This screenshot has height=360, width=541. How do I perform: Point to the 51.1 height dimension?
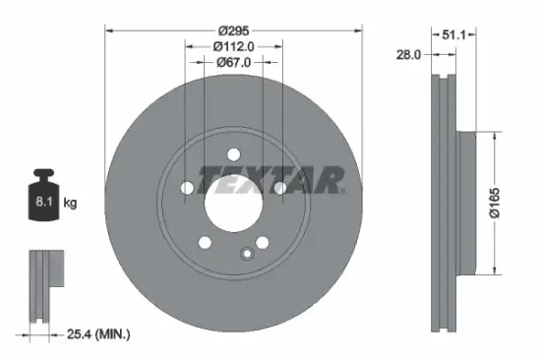tap(453, 33)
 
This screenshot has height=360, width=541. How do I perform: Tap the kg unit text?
tap(70, 204)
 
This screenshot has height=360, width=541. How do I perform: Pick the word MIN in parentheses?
tap(112, 334)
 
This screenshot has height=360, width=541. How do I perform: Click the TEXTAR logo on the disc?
tap(271, 180)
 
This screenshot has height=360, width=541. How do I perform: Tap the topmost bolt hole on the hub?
tap(233, 152)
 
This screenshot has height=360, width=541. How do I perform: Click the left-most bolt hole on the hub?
tap(187, 187)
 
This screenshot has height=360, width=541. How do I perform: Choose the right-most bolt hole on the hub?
tap(279, 187)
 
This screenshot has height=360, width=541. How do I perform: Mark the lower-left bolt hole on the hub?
tap(205, 241)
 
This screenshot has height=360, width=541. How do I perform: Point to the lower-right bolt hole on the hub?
tap(262, 241)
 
